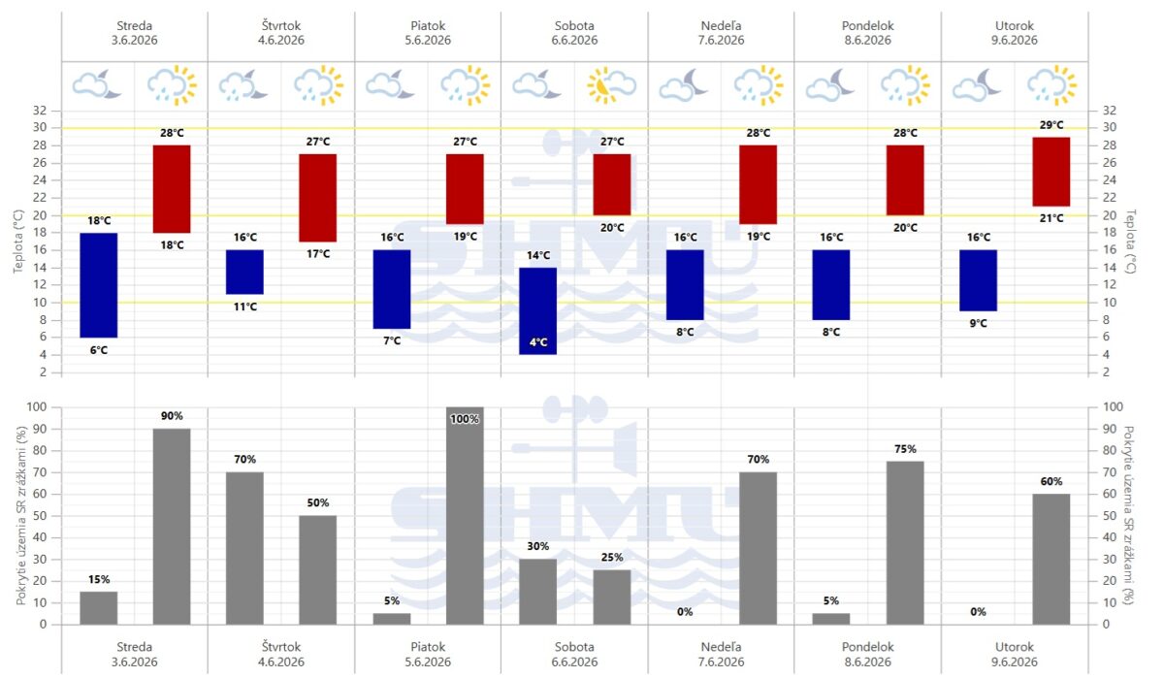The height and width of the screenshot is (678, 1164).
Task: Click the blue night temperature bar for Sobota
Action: pos(537,311)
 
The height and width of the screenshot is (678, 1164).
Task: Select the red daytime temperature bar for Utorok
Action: pos(1051,172)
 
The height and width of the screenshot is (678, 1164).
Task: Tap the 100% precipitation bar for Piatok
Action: pos(465,515)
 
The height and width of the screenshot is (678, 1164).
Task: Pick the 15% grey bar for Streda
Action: pos(99,608)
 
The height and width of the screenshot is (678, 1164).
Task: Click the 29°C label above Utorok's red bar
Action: pos(1051,125)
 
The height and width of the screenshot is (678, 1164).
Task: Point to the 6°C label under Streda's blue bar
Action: pos(99,350)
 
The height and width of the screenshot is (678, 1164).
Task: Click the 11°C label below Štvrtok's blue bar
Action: pos(244,307)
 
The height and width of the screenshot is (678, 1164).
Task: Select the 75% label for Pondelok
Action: pos(905,449)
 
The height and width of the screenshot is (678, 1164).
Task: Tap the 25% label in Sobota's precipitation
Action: pos(612,558)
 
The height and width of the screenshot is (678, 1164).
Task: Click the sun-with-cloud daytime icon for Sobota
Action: pos(612,85)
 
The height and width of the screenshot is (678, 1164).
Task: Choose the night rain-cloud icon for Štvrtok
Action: pos(243,85)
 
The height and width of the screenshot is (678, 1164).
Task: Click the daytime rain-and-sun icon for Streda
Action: pos(172,85)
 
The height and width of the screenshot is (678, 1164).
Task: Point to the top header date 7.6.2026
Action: pos(721,40)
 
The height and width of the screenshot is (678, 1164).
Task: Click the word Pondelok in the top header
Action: pos(868,25)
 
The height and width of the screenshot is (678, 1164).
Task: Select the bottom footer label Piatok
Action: pos(428,647)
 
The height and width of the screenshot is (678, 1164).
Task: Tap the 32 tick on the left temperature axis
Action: pos(40,111)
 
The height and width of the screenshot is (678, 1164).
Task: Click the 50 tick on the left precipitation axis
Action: pos(40,516)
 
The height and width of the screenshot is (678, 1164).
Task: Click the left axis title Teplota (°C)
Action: pos(18,242)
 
